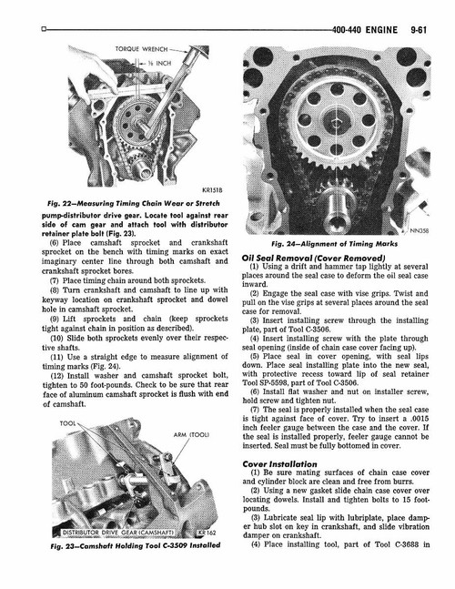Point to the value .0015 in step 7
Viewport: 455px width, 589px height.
pos(415,424)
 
